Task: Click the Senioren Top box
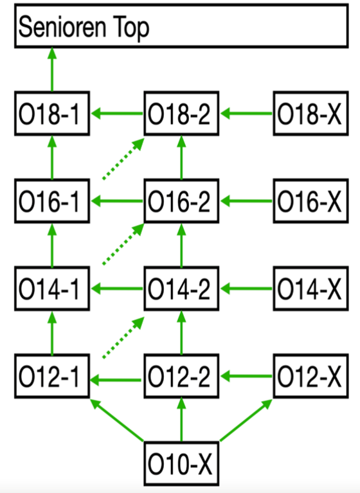click(x=181, y=26)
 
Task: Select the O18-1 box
click(x=52, y=114)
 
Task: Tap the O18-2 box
click(x=181, y=114)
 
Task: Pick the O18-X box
click(x=311, y=114)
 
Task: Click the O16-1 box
click(x=52, y=201)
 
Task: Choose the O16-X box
click(x=311, y=201)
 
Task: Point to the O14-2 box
click(x=181, y=289)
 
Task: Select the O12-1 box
click(x=52, y=376)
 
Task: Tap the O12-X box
click(x=311, y=376)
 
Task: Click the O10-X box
click(x=181, y=463)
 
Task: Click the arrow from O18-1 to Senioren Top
click(x=52, y=69)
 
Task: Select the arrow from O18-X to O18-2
click(x=246, y=113)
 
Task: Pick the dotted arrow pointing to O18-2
click(x=123, y=159)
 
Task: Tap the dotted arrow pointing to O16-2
click(x=123, y=244)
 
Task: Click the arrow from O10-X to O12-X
click(x=246, y=420)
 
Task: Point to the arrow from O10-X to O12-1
click(x=117, y=420)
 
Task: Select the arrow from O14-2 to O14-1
click(x=117, y=289)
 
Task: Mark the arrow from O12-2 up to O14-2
click(x=181, y=332)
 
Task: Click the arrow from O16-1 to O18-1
click(x=52, y=157)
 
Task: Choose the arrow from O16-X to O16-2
click(x=246, y=201)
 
